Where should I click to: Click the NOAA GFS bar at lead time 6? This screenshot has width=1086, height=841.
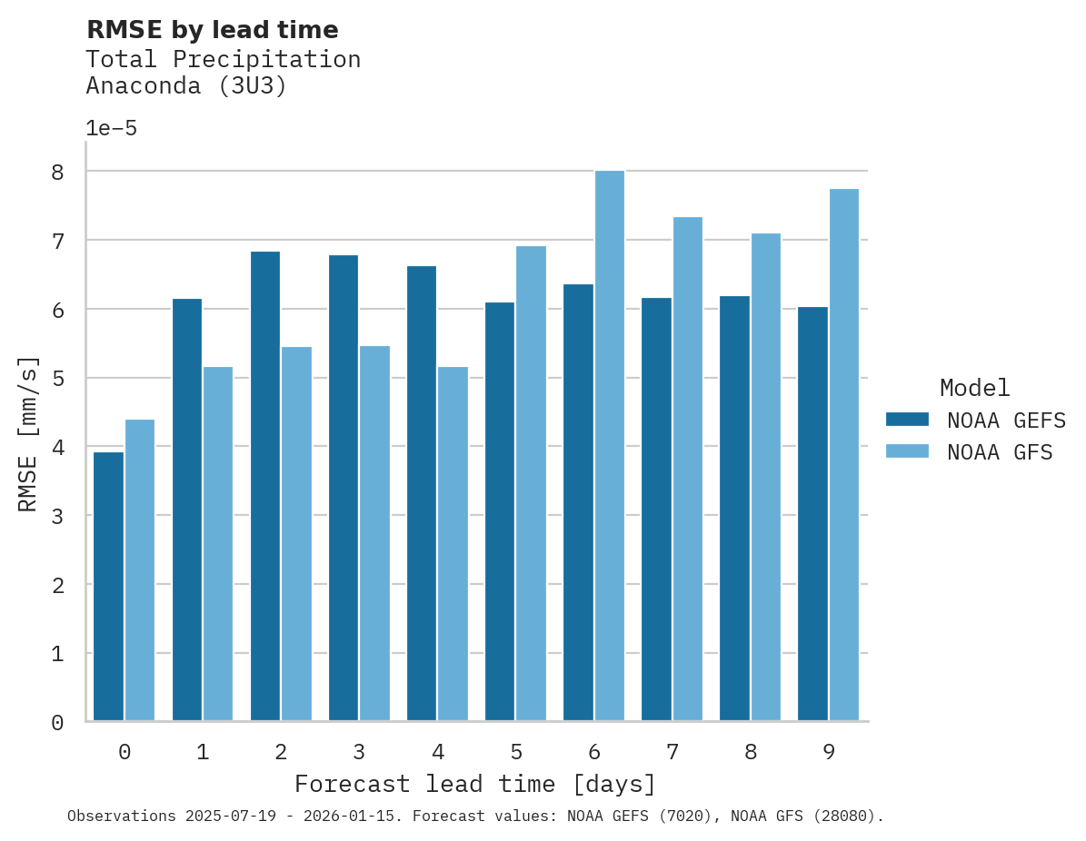click(610, 446)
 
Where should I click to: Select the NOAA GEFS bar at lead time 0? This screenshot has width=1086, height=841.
click(109, 587)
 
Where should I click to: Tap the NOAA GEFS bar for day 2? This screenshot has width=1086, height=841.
click(265, 486)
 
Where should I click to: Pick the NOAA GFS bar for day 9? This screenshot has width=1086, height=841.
click(844, 455)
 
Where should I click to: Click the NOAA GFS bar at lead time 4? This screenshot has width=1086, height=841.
click(453, 544)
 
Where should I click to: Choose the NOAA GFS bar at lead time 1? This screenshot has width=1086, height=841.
click(218, 544)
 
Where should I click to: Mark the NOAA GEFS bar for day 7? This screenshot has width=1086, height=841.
click(656, 510)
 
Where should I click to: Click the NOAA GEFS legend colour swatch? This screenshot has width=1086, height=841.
click(907, 420)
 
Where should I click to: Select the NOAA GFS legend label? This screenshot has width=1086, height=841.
click(1000, 452)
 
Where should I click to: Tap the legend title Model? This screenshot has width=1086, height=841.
click(974, 389)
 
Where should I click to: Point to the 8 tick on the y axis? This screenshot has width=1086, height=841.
click(57, 172)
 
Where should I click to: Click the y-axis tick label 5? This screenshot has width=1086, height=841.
click(57, 379)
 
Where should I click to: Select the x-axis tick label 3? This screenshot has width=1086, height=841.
click(359, 752)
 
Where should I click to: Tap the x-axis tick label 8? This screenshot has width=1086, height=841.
click(751, 752)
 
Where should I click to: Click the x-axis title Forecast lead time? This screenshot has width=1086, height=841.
click(474, 784)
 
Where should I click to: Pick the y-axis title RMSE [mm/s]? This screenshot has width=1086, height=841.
click(29, 434)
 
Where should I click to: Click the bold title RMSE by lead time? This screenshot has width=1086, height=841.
click(212, 30)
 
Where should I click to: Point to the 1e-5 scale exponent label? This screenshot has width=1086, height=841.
click(112, 129)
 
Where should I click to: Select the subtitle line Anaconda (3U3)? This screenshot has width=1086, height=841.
click(186, 87)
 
